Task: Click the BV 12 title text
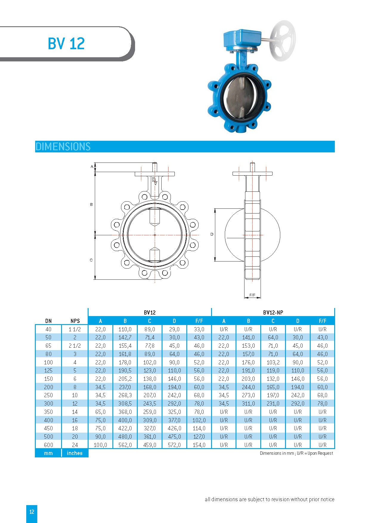66,44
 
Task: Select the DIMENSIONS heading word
63,147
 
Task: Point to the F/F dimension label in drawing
252,295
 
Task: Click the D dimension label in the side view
212,234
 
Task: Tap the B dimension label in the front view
91,205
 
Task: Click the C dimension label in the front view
91,260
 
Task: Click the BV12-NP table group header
273,312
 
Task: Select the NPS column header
75,321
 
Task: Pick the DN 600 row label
48,445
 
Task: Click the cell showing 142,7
125,338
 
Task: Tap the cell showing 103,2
273,362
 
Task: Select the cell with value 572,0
174,445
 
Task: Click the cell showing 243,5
150,403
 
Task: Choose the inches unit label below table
75,453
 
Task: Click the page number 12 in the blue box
32,512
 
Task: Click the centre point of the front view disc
155,235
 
